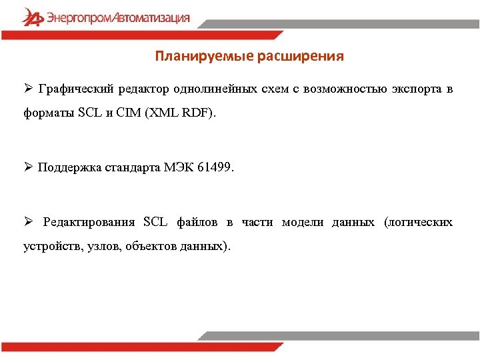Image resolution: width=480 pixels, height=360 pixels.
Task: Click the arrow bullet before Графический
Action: (x=28, y=89)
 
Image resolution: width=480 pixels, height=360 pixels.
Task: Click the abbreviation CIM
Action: (x=128, y=113)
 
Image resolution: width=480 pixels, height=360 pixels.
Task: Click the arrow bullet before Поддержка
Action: (x=28, y=167)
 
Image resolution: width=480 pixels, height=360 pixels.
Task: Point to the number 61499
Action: (x=216, y=167)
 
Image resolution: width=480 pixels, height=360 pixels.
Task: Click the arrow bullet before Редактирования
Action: (x=28, y=221)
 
